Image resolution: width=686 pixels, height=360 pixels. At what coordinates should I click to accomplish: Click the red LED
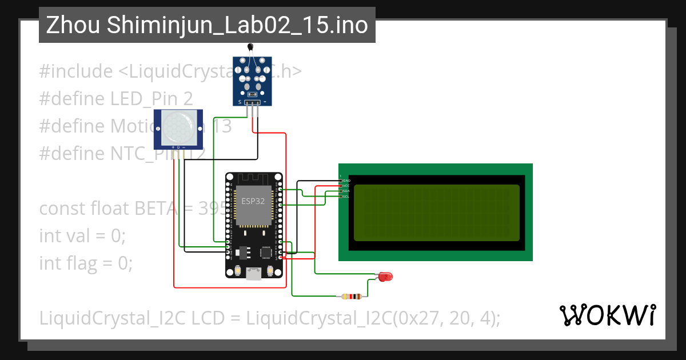[x=386, y=277]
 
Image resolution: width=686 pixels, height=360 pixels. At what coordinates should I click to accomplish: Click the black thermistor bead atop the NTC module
[x=249, y=47]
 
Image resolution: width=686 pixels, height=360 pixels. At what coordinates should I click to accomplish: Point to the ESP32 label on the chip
[x=253, y=201]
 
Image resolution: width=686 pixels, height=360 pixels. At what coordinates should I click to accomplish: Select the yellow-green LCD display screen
[x=436, y=213]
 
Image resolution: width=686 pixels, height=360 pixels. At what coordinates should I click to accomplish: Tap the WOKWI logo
[x=607, y=315]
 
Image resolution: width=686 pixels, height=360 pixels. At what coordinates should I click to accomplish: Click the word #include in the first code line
[x=76, y=71]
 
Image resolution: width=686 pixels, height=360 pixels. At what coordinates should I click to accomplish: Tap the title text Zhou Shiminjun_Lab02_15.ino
[x=206, y=25]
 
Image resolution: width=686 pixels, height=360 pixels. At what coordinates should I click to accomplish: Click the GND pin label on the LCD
[x=346, y=181]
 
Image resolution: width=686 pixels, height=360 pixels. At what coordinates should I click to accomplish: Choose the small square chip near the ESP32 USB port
[x=266, y=251]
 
